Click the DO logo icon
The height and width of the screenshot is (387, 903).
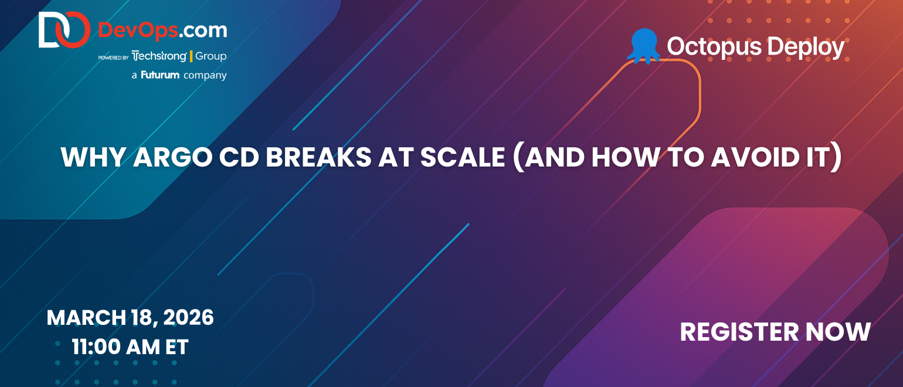(x=64, y=30)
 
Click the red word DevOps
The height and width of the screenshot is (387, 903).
(x=138, y=30)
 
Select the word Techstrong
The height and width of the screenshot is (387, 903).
(x=159, y=56)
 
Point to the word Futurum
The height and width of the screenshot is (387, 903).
(x=160, y=75)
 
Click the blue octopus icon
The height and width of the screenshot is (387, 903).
(x=644, y=46)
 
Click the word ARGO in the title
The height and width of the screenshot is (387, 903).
(x=172, y=157)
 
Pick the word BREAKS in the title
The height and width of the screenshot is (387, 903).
(x=318, y=157)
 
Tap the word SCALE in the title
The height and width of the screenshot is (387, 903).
(x=463, y=157)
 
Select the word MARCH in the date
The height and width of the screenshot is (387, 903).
(x=86, y=318)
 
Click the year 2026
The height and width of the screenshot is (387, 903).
(x=188, y=318)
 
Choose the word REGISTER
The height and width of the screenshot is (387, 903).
(x=739, y=332)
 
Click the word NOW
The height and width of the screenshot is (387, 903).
(x=838, y=332)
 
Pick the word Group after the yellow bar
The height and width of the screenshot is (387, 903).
(x=211, y=56)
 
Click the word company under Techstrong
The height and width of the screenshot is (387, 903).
(x=205, y=76)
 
